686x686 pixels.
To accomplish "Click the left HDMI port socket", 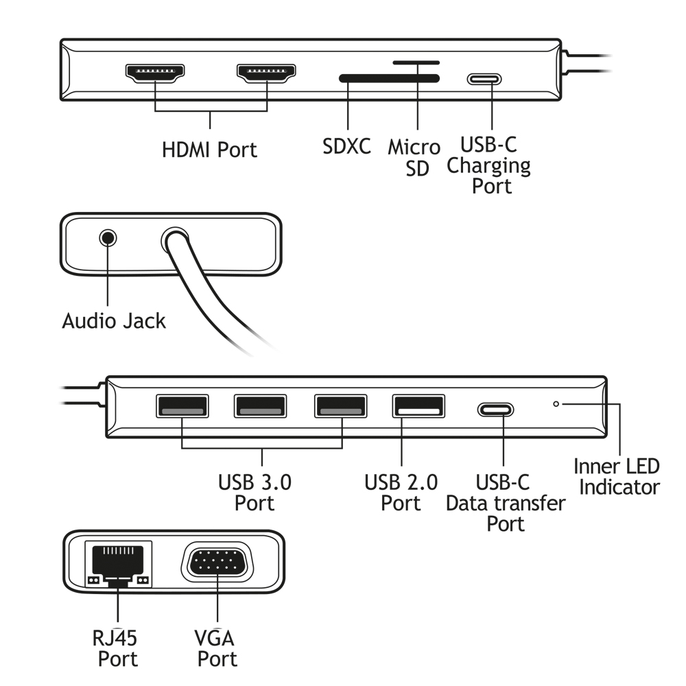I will (x=154, y=73).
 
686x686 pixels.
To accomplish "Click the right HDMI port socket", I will (x=266, y=73).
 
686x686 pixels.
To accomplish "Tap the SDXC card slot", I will (x=389, y=79).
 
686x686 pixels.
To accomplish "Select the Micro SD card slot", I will (x=416, y=62).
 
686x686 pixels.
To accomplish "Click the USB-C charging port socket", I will (x=484, y=78).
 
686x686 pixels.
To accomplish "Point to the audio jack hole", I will (x=108, y=239).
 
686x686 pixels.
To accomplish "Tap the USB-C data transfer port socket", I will (x=495, y=410).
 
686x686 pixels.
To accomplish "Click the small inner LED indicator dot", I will (x=556, y=403).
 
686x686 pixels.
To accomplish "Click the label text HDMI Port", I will (x=209, y=150).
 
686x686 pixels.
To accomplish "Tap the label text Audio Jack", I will (x=114, y=320).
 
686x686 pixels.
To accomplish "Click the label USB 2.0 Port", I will (x=401, y=493).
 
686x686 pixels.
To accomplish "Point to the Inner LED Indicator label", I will (x=617, y=477).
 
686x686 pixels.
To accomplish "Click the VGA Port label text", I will (x=217, y=649).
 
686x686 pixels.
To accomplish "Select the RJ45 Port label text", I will (x=116, y=649).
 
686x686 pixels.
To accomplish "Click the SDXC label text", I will (x=347, y=146).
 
